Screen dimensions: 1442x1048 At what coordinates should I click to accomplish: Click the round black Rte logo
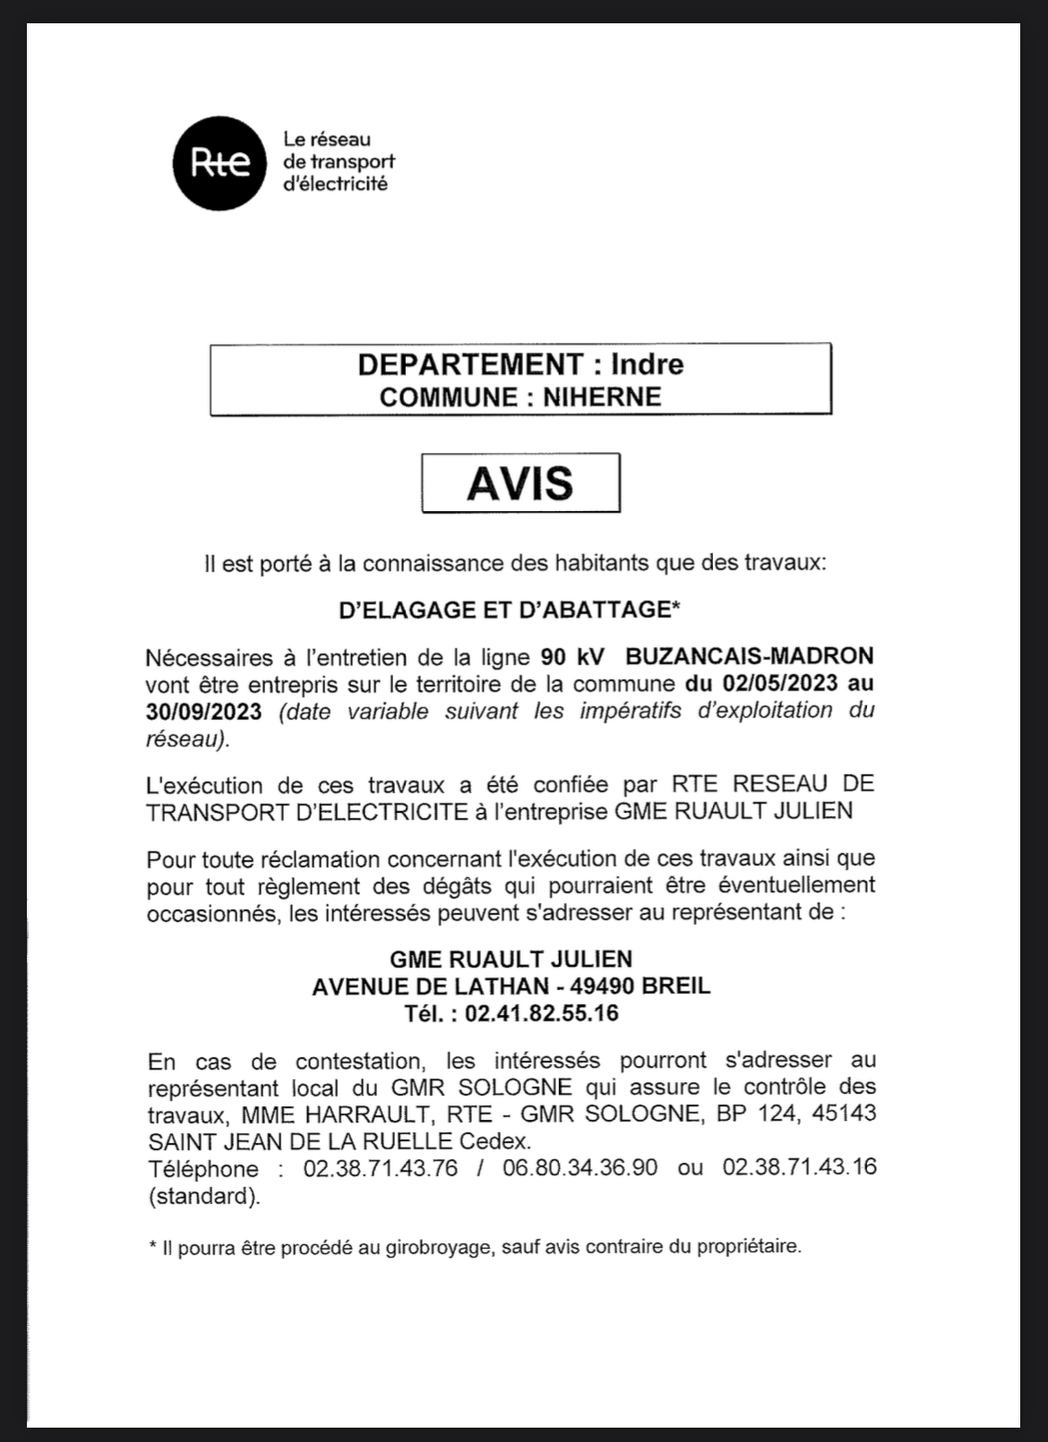(x=219, y=163)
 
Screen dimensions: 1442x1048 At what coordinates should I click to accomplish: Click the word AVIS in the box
(x=520, y=483)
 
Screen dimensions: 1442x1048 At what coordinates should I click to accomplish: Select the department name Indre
(x=647, y=364)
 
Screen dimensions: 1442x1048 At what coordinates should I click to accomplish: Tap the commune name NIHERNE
(x=602, y=397)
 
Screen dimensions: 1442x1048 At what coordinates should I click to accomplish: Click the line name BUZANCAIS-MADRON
(x=749, y=656)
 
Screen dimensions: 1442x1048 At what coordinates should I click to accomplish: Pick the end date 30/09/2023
(x=204, y=711)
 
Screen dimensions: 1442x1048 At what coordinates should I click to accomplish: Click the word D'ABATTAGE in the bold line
(x=600, y=610)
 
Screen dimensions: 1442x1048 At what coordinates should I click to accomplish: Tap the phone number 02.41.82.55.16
(x=542, y=1013)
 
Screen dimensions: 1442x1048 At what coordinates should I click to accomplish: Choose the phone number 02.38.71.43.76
(x=381, y=1168)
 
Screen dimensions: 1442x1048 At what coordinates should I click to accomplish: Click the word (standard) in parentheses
(x=204, y=1196)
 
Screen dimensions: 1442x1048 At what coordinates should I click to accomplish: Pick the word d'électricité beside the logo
(x=335, y=184)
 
